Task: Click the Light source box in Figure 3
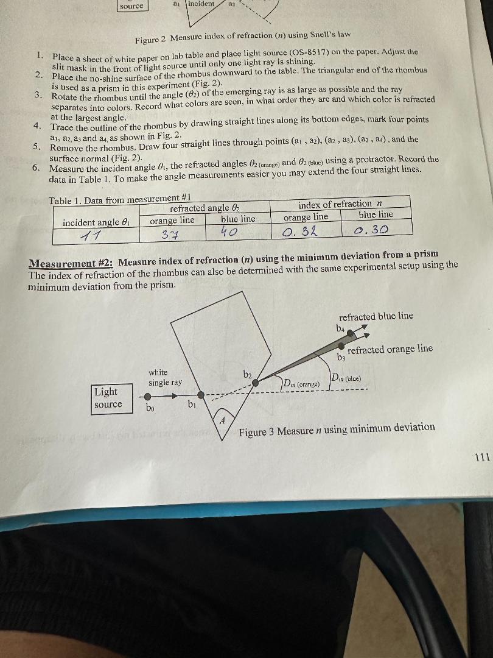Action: tap(108, 398)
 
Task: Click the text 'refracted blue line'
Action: tap(376, 316)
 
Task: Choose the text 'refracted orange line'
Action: tap(390, 349)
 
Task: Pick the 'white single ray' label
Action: tap(165, 377)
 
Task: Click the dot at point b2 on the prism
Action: tap(256, 383)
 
